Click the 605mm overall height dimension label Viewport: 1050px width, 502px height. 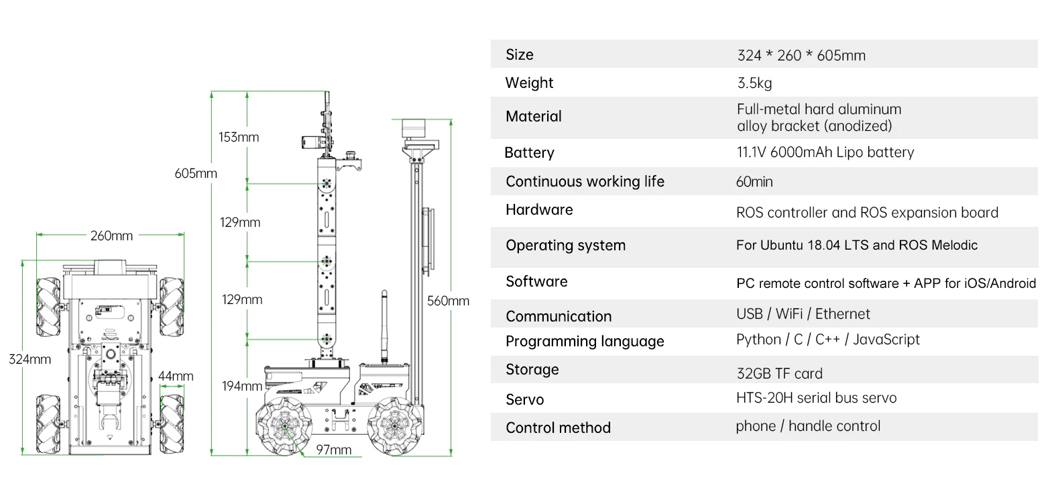point(196,174)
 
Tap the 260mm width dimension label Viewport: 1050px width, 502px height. point(111,236)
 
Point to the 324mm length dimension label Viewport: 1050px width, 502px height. point(30,359)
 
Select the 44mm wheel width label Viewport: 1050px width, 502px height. point(176,376)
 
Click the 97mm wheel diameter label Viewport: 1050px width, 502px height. point(334,450)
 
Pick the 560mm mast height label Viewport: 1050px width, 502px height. point(448,301)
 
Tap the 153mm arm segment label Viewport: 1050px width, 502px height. point(239,137)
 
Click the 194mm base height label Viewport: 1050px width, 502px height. point(242,386)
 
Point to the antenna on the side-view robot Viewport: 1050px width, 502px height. point(384,327)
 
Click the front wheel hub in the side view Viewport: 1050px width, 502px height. point(285,426)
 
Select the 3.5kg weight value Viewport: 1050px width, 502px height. point(754,83)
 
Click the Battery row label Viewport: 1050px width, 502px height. point(529,152)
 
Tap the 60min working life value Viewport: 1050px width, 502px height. point(754,182)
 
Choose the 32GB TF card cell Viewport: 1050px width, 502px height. point(780,373)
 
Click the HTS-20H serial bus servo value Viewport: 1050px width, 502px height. point(816,398)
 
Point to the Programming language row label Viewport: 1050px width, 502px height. point(585,341)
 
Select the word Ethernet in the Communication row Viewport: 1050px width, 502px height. point(842,314)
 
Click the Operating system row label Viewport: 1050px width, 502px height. point(565,246)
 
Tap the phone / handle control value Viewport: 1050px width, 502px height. point(808,426)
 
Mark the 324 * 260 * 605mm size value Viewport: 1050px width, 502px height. point(801,55)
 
